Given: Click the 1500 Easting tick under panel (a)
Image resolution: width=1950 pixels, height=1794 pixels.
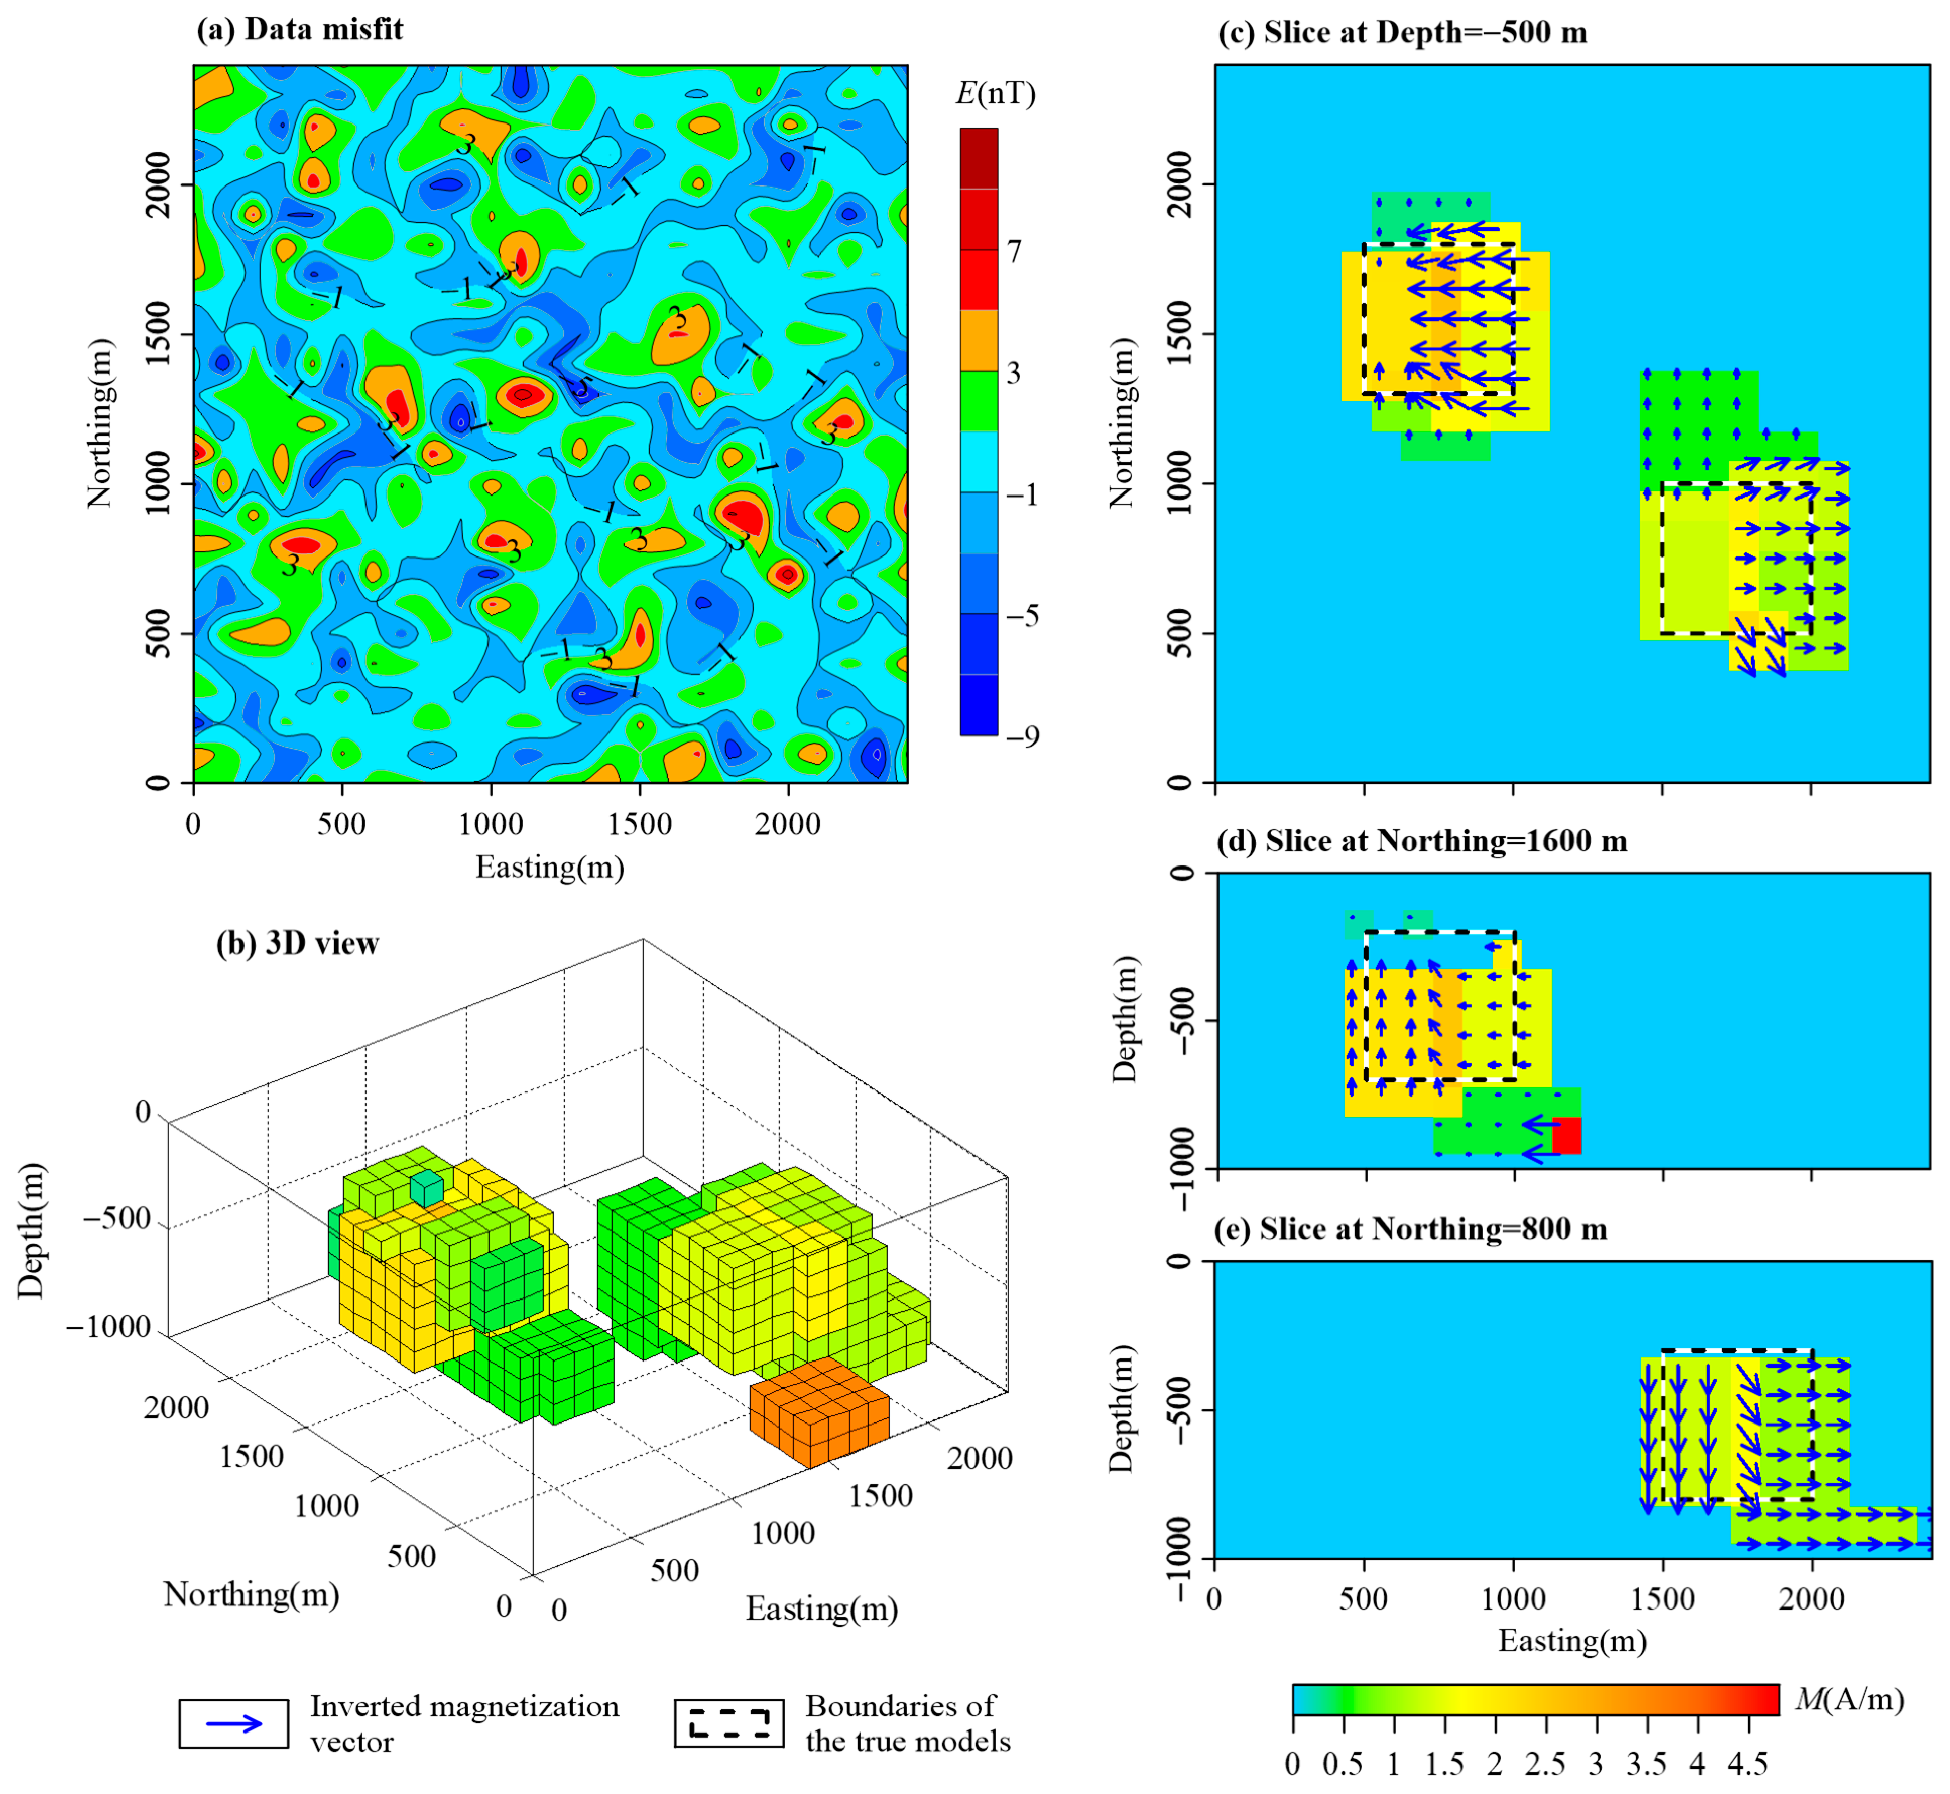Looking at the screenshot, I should tap(639, 824).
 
